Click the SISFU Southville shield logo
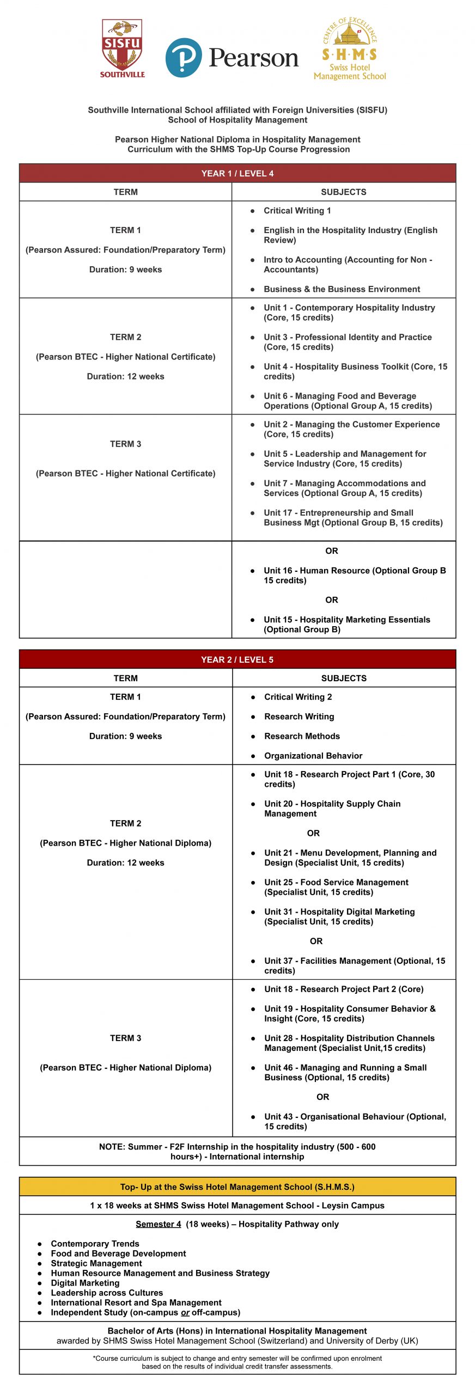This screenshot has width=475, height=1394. tap(122, 48)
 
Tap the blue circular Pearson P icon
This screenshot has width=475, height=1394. tap(184, 57)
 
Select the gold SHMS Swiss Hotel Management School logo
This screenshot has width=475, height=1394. tap(350, 50)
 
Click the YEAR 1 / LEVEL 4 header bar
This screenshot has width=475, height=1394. tap(237, 173)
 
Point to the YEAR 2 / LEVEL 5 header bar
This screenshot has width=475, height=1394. tap(237, 659)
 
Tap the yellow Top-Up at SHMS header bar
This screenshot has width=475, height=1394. tap(237, 1187)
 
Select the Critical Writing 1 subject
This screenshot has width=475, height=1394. tap(297, 211)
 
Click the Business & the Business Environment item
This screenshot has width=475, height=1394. tap(342, 289)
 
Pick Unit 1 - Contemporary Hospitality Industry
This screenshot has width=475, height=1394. tap(349, 313)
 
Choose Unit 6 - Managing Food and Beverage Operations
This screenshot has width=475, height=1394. tap(348, 401)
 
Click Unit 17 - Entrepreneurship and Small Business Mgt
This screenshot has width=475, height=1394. tap(353, 517)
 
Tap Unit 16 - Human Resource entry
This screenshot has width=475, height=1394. tap(354, 575)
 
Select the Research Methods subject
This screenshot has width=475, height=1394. tap(302, 736)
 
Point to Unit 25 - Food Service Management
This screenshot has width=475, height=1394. tap(336, 887)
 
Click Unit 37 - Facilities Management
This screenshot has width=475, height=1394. tap(354, 965)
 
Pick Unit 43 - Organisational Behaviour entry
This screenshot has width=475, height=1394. tap(355, 1121)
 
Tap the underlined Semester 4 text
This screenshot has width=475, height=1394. tap(158, 1224)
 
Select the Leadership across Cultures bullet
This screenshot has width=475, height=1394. tap(107, 1293)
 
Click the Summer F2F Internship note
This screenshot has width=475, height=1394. tap(237, 1151)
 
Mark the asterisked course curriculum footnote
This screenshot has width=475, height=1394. tap(237, 1362)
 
